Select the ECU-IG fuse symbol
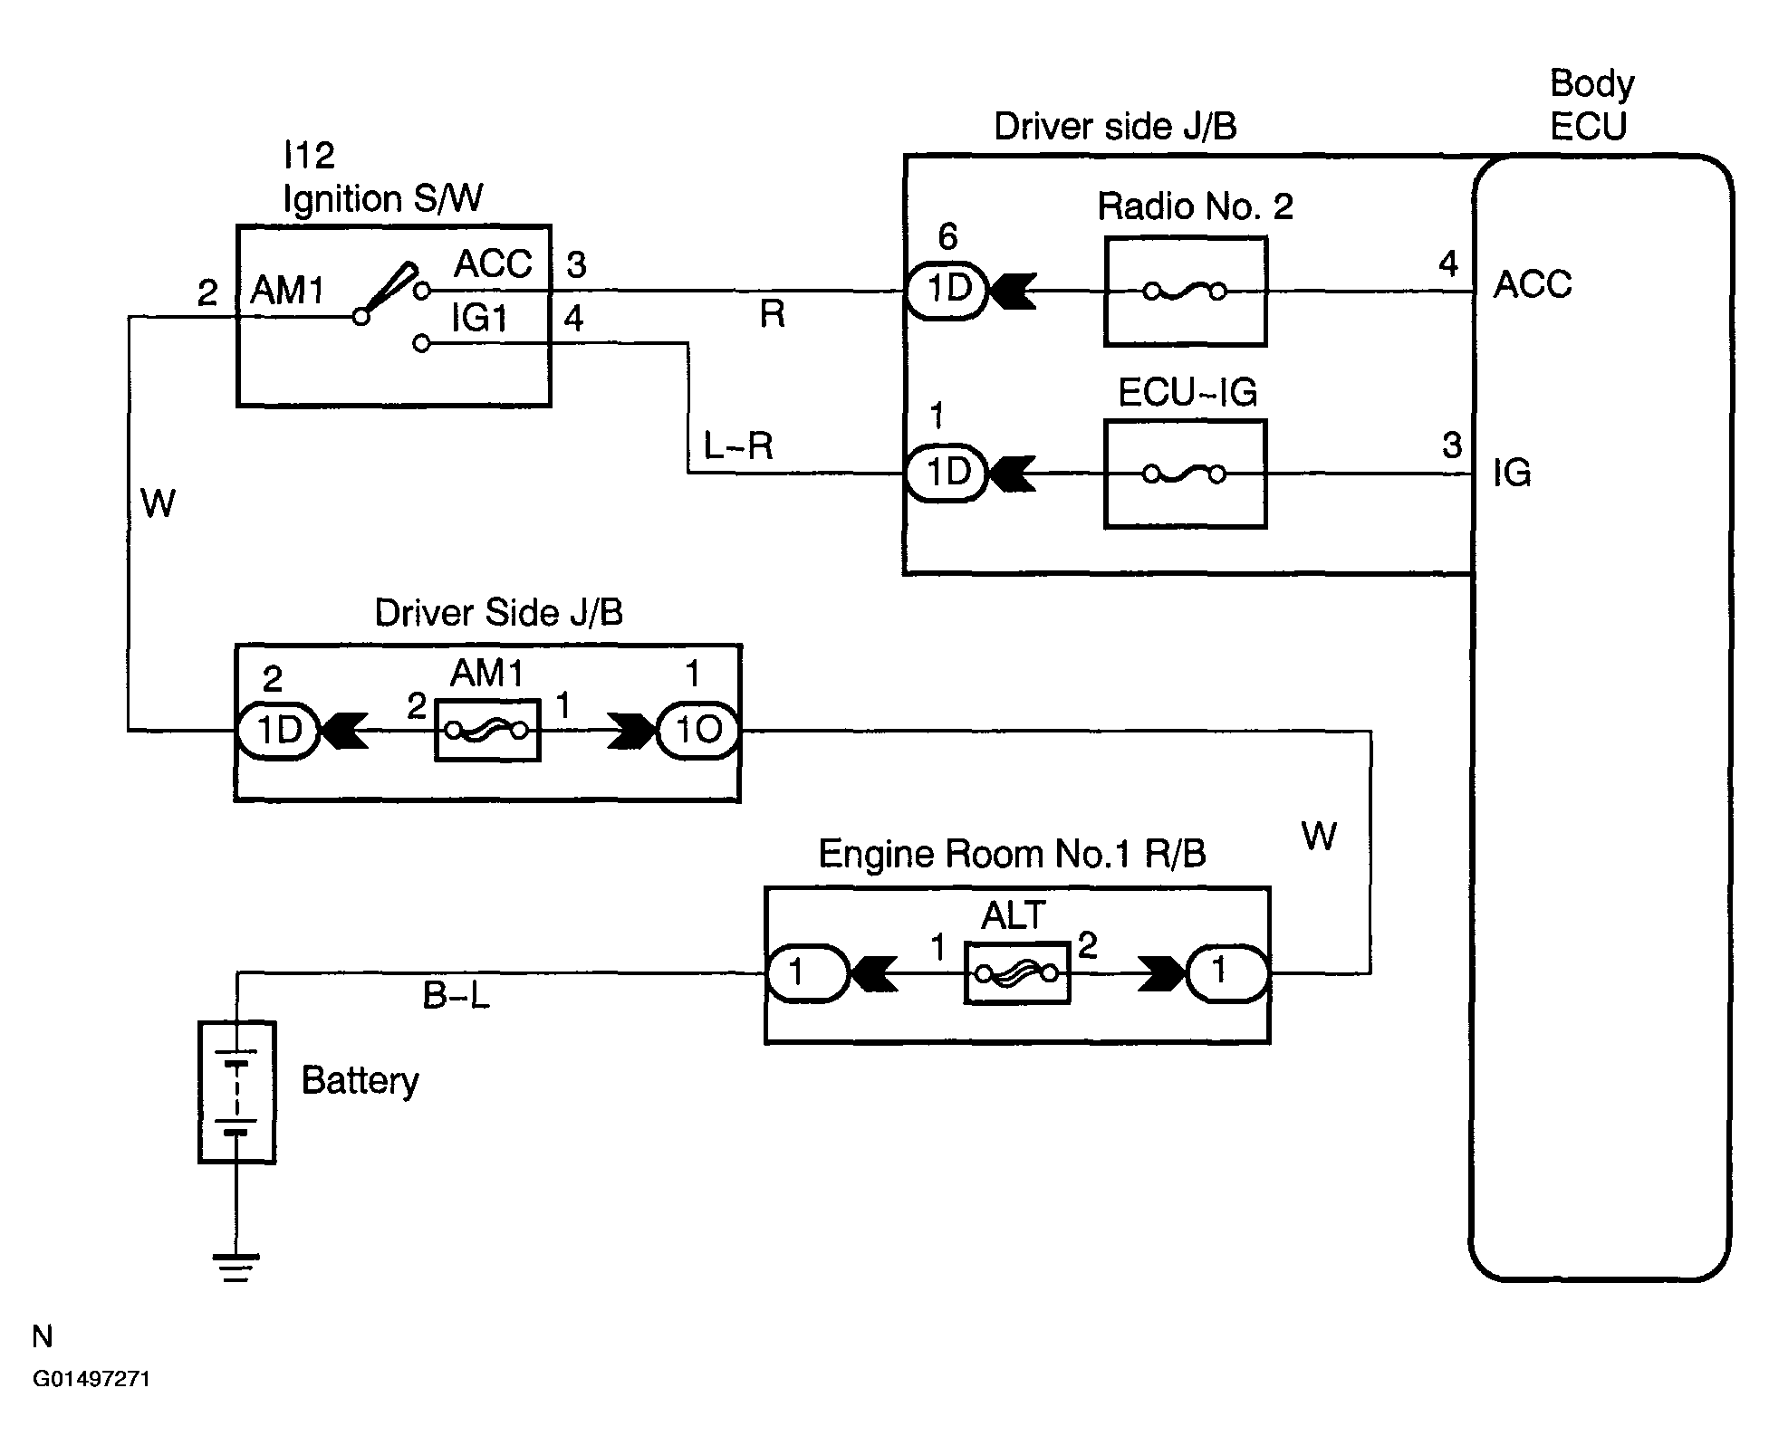tap(1185, 474)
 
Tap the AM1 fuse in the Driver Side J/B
tap(487, 730)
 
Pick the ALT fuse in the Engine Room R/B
tap(1017, 973)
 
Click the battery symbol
tap(237, 1092)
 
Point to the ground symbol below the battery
tap(236, 1268)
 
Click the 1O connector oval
tap(698, 730)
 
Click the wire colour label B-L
tap(457, 997)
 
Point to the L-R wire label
tap(738, 445)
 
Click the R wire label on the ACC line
tap(772, 314)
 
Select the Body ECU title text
tap(1591, 104)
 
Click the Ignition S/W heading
tap(383, 197)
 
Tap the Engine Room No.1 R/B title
tap(1012, 854)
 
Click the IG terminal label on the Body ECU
tap(1512, 473)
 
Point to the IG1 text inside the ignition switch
tap(479, 319)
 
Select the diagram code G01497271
tap(91, 1379)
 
